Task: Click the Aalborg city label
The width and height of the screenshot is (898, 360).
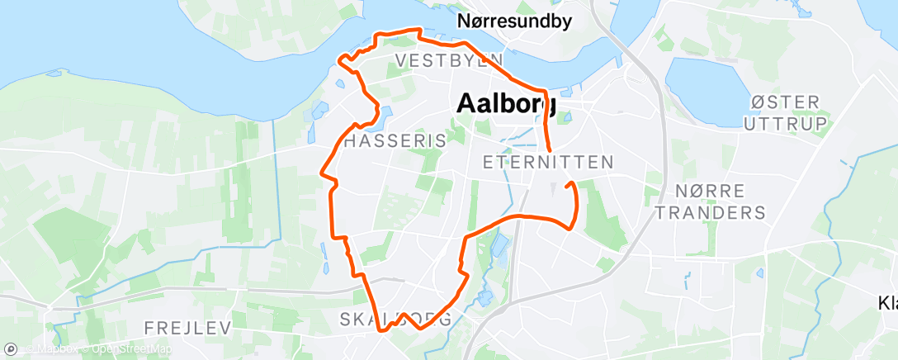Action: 506,103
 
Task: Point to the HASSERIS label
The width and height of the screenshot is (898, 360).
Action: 394,141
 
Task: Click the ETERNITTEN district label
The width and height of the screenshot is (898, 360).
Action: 547,162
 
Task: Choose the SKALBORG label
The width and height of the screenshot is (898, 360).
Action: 395,320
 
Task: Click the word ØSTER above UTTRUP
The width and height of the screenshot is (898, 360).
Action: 784,102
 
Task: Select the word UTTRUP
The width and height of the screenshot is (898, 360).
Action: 784,123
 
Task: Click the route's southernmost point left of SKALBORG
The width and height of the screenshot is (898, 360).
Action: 381,330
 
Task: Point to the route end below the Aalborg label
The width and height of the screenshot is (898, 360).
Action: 550,151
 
